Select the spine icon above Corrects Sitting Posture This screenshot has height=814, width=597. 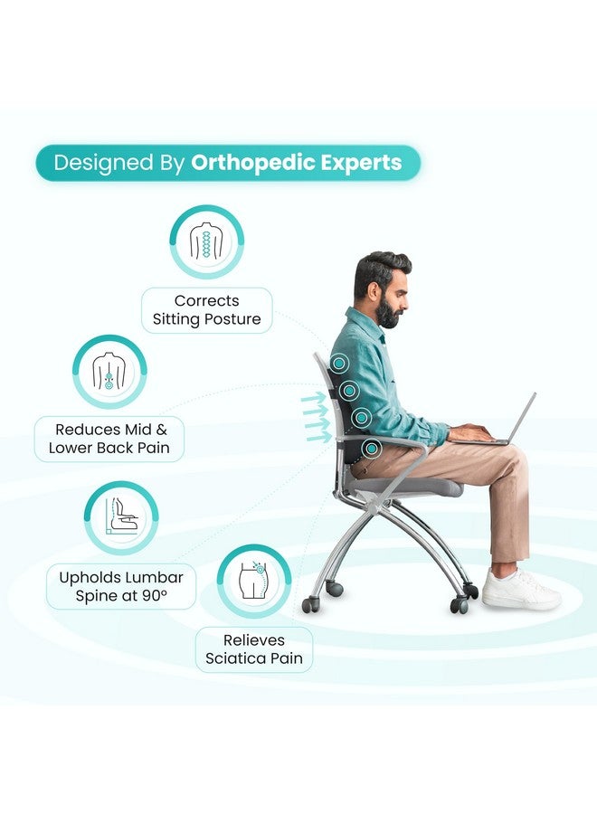point(207,241)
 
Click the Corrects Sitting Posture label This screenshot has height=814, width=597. point(206,309)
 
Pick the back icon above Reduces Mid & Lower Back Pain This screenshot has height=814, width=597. point(109,372)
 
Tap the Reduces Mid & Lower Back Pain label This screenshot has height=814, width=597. point(109,439)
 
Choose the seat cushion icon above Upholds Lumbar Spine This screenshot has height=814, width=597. point(120,517)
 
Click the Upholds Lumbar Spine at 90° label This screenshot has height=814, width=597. point(121,586)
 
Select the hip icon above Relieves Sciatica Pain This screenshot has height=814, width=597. point(254,581)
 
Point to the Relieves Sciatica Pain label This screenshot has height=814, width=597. point(254,649)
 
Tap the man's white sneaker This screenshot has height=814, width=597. point(520,589)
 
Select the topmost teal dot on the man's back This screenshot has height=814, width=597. point(339,364)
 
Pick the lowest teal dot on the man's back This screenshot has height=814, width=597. point(371,448)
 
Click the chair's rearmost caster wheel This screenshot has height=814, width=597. point(310,604)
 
